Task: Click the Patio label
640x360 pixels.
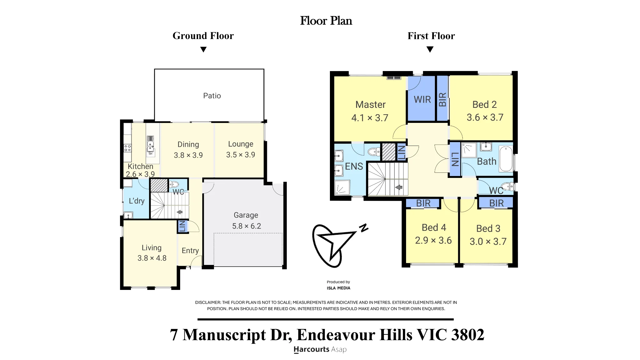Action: tap(212, 96)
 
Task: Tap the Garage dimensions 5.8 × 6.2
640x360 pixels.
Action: tap(246, 226)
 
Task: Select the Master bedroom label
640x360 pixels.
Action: tap(371, 105)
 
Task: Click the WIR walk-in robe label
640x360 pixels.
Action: tap(422, 100)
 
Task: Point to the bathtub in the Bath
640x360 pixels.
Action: tap(506, 159)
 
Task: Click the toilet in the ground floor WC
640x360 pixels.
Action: tap(174, 184)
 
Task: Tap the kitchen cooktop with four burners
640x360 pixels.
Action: tap(127, 148)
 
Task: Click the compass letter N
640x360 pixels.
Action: tap(364, 228)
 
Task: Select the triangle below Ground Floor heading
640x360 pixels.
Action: tap(203, 50)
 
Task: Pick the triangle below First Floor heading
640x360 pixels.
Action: tap(430, 50)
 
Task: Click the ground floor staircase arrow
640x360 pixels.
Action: tap(180, 212)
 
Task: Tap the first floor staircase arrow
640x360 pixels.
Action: tap(399, 187)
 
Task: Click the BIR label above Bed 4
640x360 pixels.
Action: tap(423, 203)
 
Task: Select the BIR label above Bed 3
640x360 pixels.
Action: tap(496, 203)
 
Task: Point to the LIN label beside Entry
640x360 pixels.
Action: tap(182, 226)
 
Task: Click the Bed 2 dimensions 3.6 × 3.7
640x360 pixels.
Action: tap(485, 117)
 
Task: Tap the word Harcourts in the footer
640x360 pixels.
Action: tap(311, 349)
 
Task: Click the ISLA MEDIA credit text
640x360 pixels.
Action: tap(339, 288)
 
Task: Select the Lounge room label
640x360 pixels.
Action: tap(241, 144)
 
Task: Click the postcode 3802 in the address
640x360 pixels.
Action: tap(468, 335)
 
